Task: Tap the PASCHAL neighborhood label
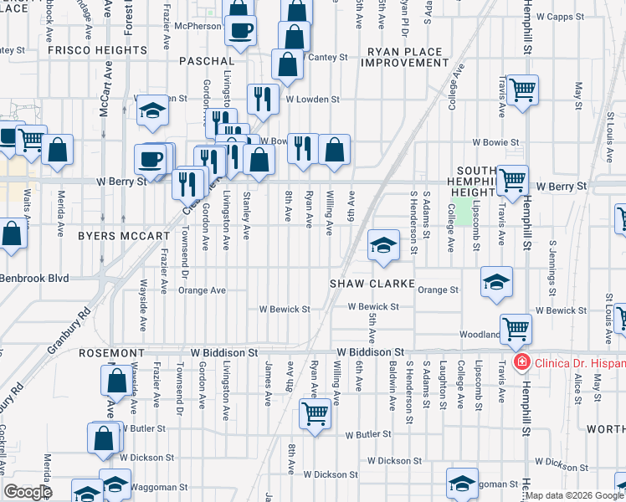point(206,62)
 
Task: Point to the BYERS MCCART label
point(123,237)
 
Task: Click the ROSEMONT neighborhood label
point(112,353)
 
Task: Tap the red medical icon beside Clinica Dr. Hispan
point(521,361)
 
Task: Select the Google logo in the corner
point(27,492)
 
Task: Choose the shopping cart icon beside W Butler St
point(315,412)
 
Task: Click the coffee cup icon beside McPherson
point(242,31)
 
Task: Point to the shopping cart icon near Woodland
point(515,329)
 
